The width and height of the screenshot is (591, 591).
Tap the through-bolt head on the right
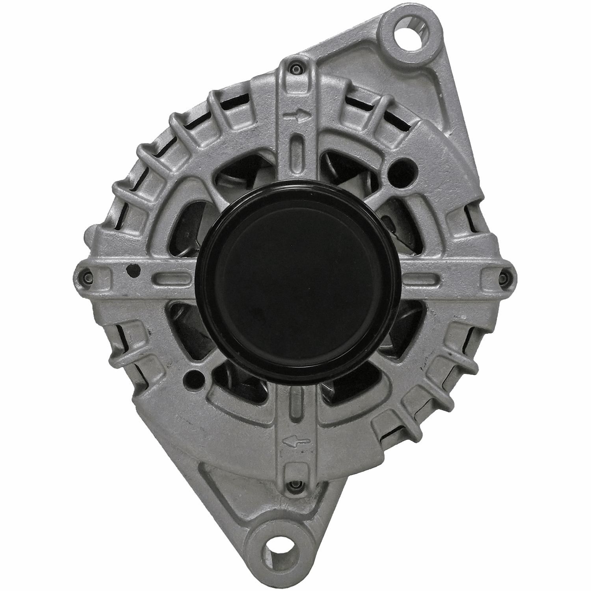(503, 278)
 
